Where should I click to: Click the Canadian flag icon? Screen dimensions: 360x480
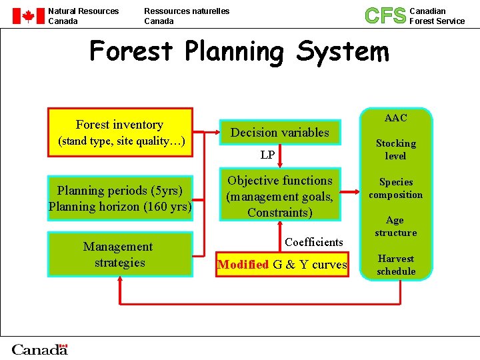pos(29,16)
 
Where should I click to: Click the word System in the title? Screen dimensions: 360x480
pos(343,51)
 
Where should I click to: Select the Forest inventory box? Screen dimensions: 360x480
pos(120,132)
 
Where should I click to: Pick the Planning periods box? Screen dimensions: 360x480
pos(120,199)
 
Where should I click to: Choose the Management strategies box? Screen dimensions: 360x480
pos(120,254)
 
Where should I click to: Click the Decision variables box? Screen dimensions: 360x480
pos(280,133)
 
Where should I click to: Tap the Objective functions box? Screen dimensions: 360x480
pos(280,196)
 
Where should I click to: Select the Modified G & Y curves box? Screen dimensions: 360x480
pos(283,265)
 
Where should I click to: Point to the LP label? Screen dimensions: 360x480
pos(267,155)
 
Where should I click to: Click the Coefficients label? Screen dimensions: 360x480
pos(313,242)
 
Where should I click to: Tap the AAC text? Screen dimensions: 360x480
pos(395,118)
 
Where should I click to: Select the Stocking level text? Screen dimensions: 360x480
pos(395,149)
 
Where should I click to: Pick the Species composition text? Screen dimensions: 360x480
pos(395,188)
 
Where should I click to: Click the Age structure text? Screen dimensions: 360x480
pos(395,226)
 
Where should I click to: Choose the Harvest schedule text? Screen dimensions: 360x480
pos(395,265)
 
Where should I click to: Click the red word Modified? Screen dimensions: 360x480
pos(243,265)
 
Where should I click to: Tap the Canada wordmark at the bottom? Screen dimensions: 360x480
pos(40,349)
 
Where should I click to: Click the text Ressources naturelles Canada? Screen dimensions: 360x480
pos(187,16)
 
